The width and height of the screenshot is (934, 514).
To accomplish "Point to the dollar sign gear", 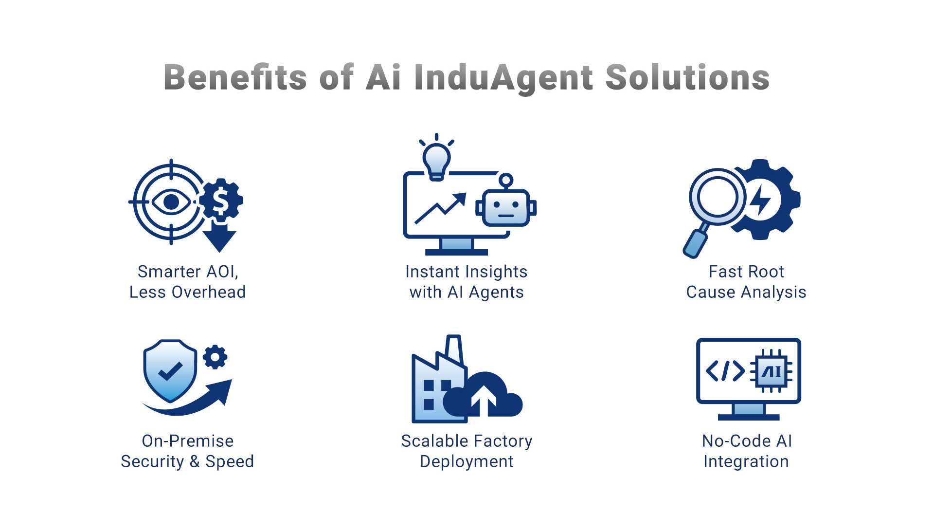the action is point(221,200).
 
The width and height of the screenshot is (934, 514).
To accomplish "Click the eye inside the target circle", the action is point(171,202).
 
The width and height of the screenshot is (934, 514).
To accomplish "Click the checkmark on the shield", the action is point(170,371).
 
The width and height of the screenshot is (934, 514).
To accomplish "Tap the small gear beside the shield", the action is point(215,357).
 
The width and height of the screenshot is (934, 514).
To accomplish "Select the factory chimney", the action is point(454,349).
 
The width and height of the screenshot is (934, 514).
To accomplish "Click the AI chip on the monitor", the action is point(772,372).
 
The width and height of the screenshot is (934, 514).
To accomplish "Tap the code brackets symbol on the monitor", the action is point(725,371).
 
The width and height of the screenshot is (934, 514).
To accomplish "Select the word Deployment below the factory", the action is point(467,461).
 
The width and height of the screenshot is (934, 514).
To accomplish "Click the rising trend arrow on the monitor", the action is point(440,208).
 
